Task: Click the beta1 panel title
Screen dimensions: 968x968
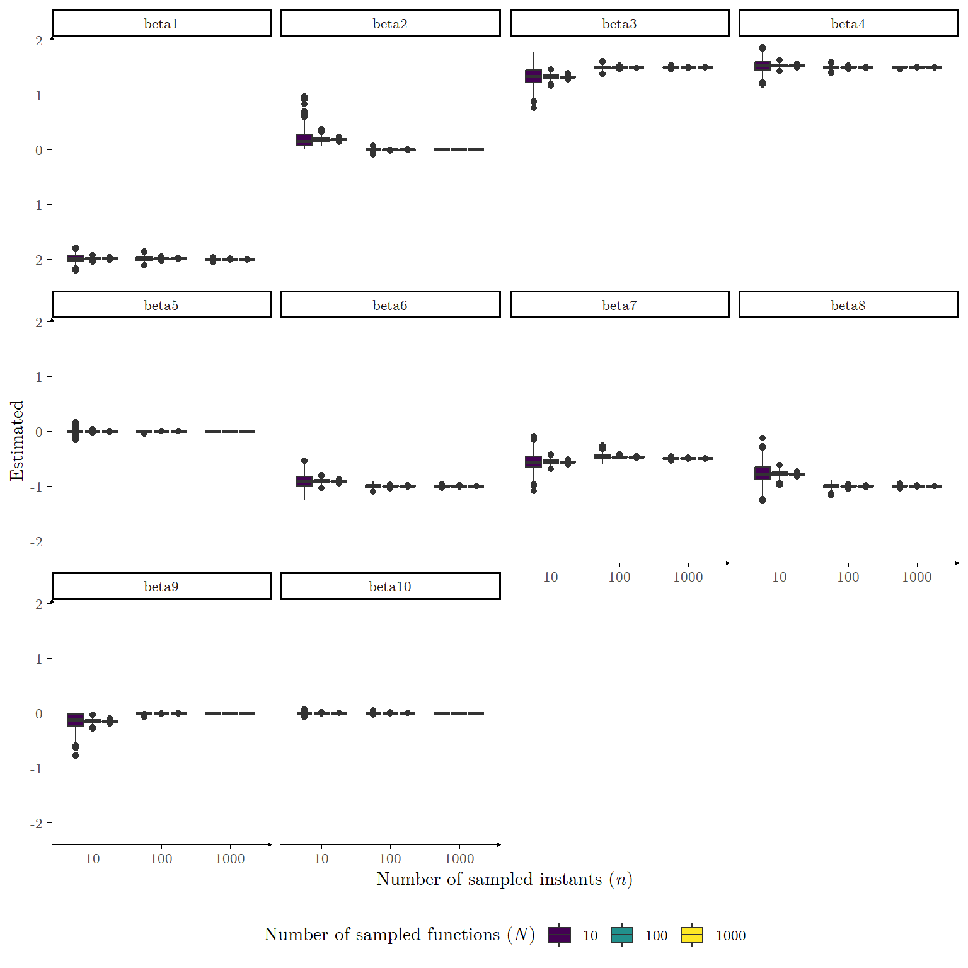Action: (x=161, y=23)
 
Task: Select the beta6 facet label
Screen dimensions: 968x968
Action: (x=390, y=305)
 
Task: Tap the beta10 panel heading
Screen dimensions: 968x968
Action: (x=390, y=586)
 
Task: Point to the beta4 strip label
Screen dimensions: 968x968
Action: (x=848, y=23)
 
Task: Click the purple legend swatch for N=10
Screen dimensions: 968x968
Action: (x=559, y=935)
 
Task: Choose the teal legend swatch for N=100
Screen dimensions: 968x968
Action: (x=622, y=935)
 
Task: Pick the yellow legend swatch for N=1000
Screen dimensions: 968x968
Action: (x=692, y=935)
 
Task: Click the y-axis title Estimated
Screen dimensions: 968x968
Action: (x=17, y=441)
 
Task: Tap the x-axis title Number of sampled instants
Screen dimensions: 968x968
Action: (x=504, y=879)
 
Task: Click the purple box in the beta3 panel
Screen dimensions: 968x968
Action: (x=534, y=76)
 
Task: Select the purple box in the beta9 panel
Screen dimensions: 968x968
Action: (x=76, y=720)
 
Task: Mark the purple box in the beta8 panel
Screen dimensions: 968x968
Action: (x=763, y=473)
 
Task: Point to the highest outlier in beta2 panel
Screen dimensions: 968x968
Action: (x=304, y=97)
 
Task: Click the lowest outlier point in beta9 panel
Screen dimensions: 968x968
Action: (x=76, y=755)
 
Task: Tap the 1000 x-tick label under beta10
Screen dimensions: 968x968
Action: (x=459, y=858)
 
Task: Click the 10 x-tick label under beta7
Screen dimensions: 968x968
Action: (x=551, y=577)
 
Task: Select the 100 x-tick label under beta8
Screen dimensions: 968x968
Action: (x=848, y=577)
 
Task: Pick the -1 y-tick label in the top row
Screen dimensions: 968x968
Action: (x=37, y=205)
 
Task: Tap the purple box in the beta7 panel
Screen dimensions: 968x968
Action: (x=534, y=461)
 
